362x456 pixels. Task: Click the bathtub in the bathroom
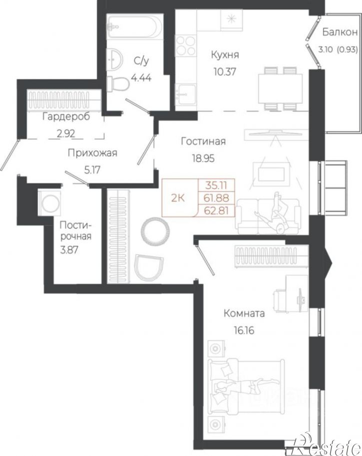point(135,26)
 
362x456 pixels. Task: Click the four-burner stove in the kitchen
point(186,45)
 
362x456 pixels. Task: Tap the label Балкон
point(340,32)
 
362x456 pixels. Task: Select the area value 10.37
point(225,71)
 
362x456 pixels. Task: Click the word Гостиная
point(203,141)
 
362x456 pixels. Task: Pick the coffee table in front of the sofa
point(272,175)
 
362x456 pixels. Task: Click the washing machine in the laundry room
point(49,203)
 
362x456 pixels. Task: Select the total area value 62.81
point(216,210)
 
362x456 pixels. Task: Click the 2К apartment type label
point(178,199)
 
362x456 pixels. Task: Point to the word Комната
point(244,313)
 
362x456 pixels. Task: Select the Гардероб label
point(66,117)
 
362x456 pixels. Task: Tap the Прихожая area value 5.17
point(92,170)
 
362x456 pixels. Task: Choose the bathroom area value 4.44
point(141,78)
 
